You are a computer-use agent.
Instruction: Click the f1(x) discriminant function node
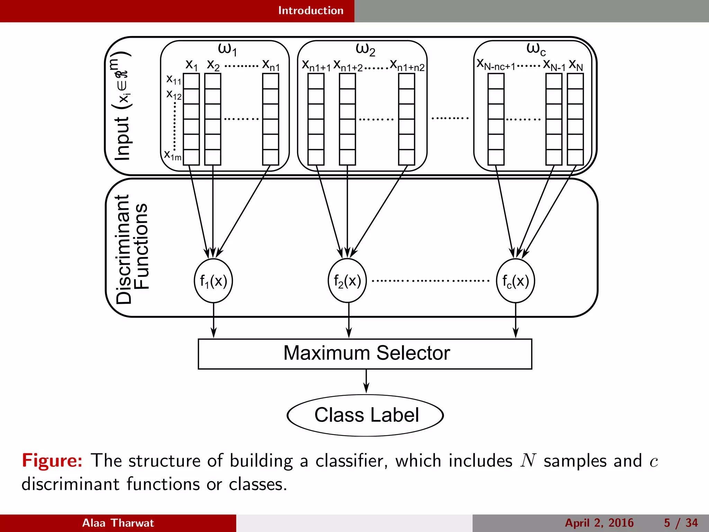point(213,281)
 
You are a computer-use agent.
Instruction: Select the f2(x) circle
point(347,281)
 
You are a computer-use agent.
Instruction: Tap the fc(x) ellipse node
point(515,281)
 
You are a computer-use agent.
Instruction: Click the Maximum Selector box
point(365,354)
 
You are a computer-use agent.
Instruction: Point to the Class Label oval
point(365,415)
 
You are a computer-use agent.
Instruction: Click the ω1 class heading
point(227,49)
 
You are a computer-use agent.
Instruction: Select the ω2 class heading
point(365,49)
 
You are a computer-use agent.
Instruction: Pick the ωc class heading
point(536,49)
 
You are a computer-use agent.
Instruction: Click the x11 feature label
point(174,80)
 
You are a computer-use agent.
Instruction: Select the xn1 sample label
point(271,65)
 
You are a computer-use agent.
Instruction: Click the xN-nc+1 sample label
point(496,65)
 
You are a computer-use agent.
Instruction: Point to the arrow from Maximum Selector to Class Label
point(366,381)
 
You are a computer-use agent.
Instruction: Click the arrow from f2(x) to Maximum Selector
point(349,320)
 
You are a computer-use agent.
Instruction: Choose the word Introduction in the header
point(311,11)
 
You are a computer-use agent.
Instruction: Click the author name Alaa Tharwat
point(118,523)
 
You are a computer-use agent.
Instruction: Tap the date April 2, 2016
point(599,523)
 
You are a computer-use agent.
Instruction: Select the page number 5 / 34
point(681,523)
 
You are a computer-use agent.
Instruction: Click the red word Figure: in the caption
point(52,461)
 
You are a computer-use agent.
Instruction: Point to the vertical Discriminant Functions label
point(132,249)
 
